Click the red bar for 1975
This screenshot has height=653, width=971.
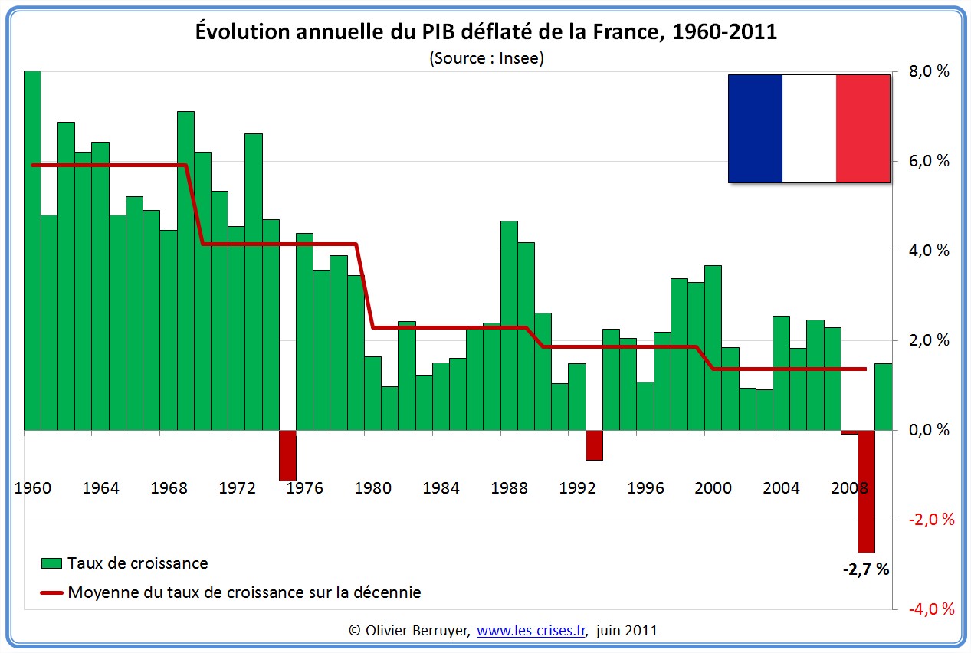pos(287,455)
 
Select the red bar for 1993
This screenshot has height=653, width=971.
pos(594,445)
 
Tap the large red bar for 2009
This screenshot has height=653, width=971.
pos(866,491)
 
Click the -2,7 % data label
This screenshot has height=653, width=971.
pos(866,569)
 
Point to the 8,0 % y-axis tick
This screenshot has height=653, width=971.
pos(928,72)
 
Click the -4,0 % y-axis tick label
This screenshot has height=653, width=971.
pos(931,609)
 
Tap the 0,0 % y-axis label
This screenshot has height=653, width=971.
pos(928,430)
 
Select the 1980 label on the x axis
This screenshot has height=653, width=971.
pos(373,488)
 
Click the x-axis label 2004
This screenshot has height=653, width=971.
pos(781,488)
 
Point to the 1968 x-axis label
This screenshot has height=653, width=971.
pos(169,488)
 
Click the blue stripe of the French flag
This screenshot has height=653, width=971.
pos(755,129)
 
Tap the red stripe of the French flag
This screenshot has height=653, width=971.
pos(863,129)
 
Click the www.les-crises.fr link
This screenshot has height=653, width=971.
pos(531,631)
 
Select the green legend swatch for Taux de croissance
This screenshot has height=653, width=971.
pos(51,563)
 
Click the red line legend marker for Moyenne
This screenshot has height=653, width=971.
pos(51,592)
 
